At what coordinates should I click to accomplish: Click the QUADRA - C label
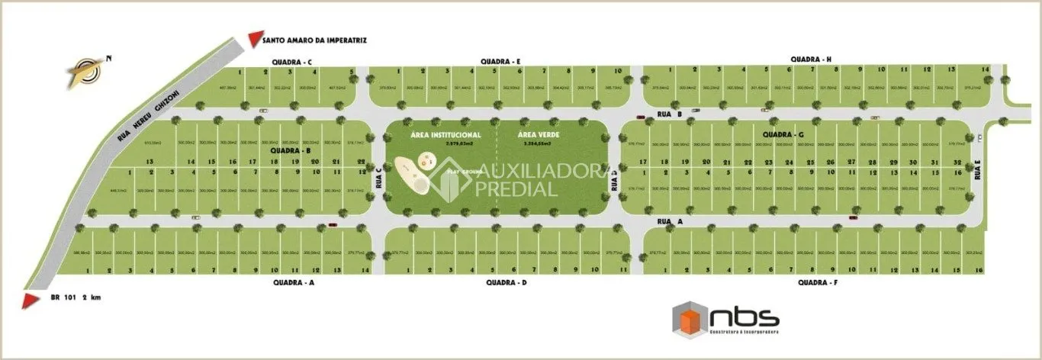click(x=291, y=62)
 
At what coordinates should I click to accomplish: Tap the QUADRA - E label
click(x=500, y=61)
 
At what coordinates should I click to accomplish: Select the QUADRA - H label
click(x=811, y=59)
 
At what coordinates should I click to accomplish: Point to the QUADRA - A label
click(x=293, y=282)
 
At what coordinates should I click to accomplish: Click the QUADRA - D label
click(x=507, y=282)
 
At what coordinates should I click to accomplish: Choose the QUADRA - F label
click(x=818, y=282)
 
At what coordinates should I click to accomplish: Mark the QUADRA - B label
click(x=292, y=151)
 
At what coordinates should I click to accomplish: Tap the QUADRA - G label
click(x=783, y=135)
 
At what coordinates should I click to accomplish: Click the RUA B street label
click(x=668, y=114)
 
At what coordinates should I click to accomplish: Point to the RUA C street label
click(x=378, y=178)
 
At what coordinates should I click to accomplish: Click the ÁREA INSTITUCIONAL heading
click(x=445, y=134)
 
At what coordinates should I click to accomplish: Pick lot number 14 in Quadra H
click(x=986, y=69)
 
